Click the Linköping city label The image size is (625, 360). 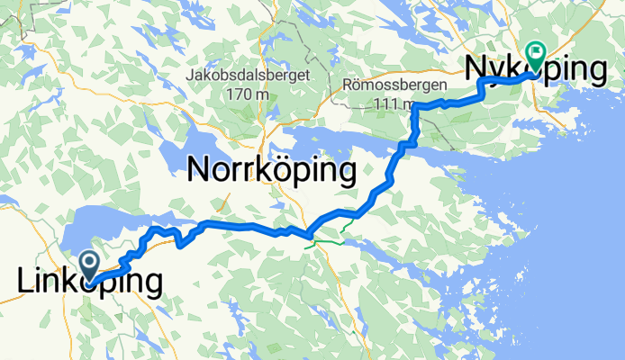coord(90,283)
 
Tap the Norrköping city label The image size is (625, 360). coord(271,170)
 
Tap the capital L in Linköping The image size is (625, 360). coord(25,282)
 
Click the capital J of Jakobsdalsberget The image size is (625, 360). coord(189,75)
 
